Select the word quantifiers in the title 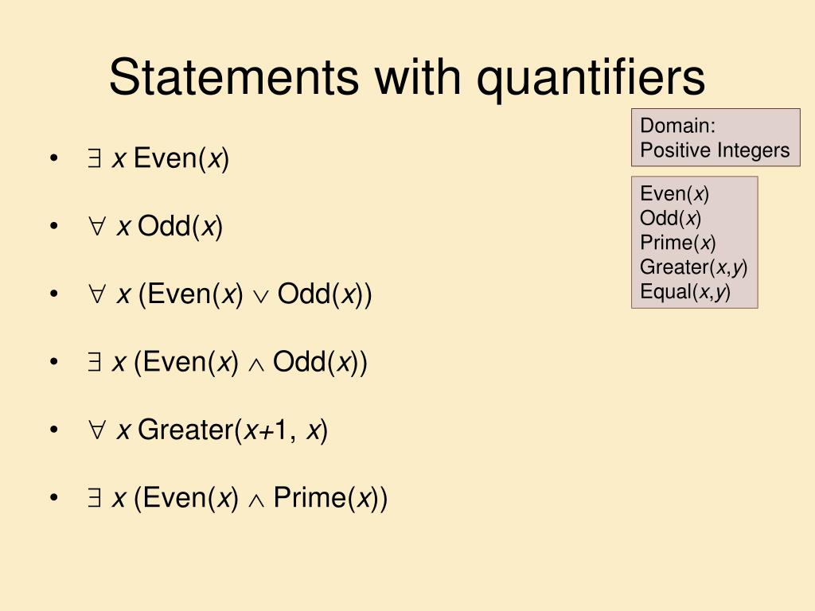[591, 77]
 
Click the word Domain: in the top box [678, 125]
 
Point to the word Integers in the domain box [752, 150]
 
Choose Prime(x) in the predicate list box [678, 242]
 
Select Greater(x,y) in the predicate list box [693, 267]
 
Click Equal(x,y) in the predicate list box [684, 291]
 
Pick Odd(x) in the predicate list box [670, 218]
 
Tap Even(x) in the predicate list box [674, 193]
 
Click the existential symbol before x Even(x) [94, 160]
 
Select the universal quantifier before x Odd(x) [96, 228]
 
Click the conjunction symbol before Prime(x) [255, 499]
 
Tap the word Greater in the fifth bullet [185, 430]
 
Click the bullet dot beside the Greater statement [53, 430]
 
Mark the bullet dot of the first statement [53, 159]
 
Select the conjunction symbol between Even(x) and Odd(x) [255, 364]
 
